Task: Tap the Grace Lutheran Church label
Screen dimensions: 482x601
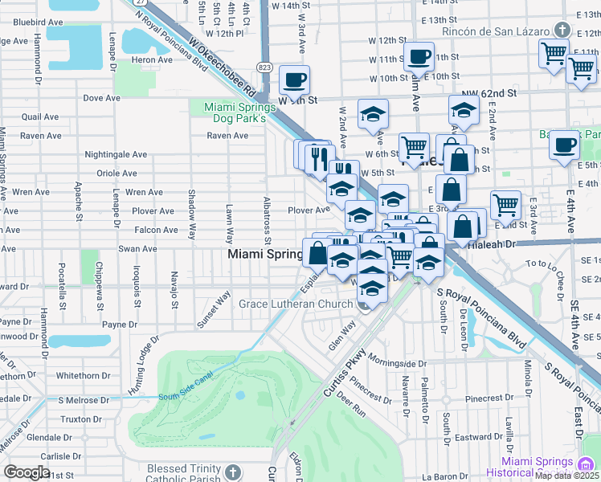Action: click(295, 304)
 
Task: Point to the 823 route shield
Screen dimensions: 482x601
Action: click(264, 66)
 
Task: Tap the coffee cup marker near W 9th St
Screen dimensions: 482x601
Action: click(294, 80)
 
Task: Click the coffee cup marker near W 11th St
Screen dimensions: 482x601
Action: click(419, 57)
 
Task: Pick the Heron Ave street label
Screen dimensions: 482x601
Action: click(152, 59)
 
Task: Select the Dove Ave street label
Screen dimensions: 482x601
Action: click(101, 98)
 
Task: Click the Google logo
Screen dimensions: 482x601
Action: click(27, 472)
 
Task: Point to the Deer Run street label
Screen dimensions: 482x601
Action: click(351, 402)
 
